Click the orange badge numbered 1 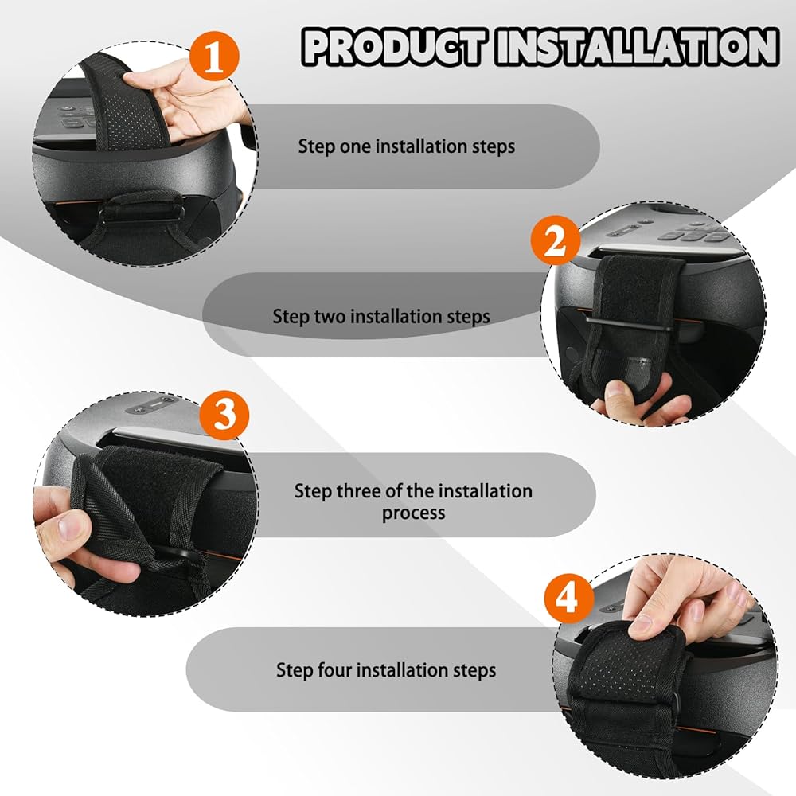[x=214, y=56]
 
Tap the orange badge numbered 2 [x=556, y=240]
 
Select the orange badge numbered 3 [x=224, y=414]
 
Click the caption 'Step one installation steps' [x=406, y=146]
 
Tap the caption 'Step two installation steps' [x=381, y=316]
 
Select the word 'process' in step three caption [x=413, y=513]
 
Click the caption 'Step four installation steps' [x=386, y=670]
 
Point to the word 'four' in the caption [x=335, y=669]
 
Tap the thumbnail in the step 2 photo [x=617, y=392]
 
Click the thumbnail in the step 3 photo [x=65, y=525]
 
